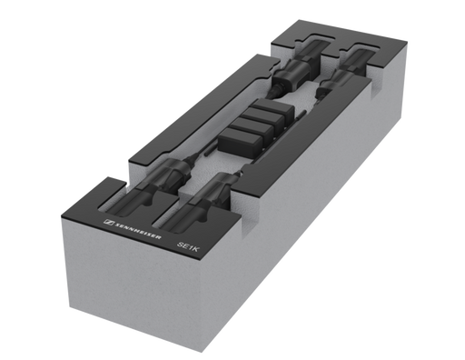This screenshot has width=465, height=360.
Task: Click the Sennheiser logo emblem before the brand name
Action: [x=108, y=223]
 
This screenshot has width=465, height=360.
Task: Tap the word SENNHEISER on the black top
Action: [x=138, y=231]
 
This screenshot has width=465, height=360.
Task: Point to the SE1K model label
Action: [x=188, y=246]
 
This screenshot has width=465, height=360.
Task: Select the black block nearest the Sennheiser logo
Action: [x=241, y=143]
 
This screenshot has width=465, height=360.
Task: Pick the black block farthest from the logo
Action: [x=273, y=110]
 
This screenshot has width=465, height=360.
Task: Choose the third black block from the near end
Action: [x=262, y=120]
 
